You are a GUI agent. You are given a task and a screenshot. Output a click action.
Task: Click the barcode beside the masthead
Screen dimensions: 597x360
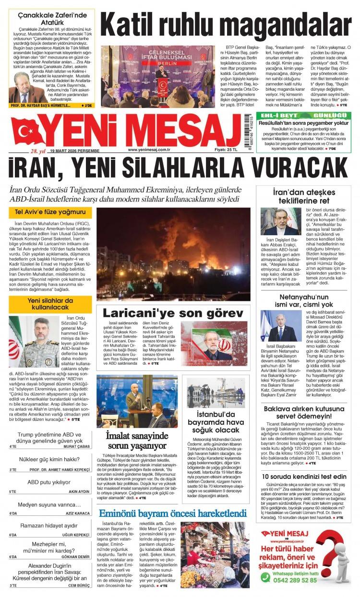pos(249,132)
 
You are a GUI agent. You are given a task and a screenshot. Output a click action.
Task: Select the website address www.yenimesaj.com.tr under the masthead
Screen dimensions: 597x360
pos(150,150)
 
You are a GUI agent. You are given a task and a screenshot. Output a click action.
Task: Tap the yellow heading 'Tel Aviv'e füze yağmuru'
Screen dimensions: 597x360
pos(50,212)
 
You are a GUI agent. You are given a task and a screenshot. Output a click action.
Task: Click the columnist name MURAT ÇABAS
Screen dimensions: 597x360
pos(77,446)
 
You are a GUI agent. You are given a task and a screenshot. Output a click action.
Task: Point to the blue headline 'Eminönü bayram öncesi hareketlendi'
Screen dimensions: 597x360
pos(172,513)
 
